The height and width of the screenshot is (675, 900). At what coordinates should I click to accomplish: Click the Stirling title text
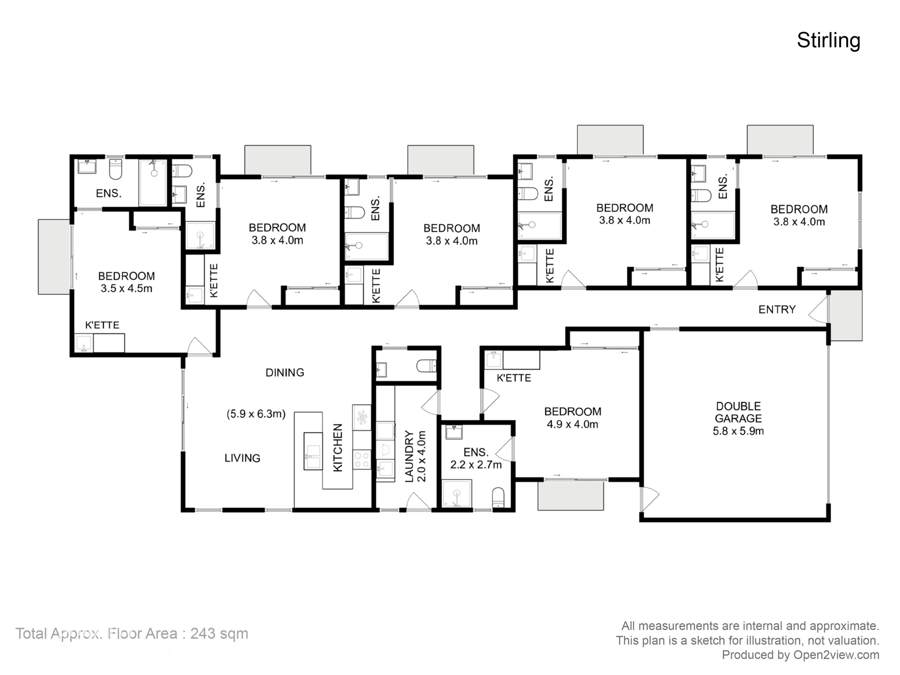828,41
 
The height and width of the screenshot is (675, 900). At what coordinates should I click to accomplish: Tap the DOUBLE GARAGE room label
738,412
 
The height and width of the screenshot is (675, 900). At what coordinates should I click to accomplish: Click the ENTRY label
777,310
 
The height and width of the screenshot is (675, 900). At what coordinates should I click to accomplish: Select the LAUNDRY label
409,457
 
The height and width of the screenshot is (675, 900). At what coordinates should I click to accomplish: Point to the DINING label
285,373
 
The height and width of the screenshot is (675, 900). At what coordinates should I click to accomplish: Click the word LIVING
243,458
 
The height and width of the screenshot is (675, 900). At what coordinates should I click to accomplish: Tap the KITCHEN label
338,448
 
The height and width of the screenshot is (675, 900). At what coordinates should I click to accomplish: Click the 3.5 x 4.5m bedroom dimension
127,289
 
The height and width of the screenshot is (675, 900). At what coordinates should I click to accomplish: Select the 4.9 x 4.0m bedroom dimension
572,424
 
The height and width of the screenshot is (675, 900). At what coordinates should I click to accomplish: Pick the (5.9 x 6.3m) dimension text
256,414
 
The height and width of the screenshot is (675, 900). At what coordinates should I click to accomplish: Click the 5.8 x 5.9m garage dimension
738,431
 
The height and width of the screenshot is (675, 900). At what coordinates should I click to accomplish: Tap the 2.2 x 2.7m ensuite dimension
476,465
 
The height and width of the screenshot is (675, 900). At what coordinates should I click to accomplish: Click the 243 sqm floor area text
219,634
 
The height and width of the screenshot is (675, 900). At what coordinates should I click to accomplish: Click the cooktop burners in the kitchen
362,460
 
